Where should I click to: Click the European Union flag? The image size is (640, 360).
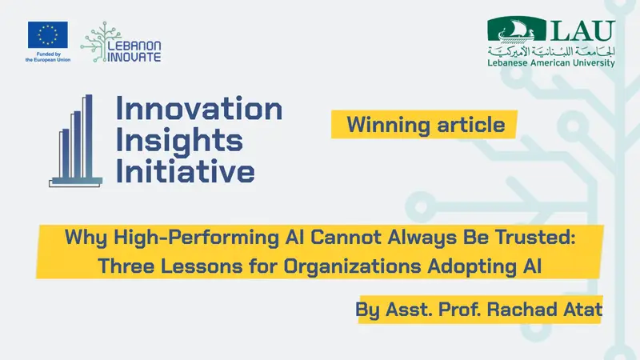pyautogui.click(x=48, y=34)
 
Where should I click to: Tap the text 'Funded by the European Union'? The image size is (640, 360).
pyautogui.click(x=48, y=57)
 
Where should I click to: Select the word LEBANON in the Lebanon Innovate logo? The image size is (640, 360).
pyautogui.click(x=134, y=46)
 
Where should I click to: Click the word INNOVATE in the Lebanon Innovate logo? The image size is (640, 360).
pyautogui.click(x=134, y=57)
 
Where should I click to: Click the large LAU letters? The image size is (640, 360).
pyautogui.click(x=582, y=30)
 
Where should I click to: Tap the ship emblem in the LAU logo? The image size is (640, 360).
pyautogui.click(x=516, y=30)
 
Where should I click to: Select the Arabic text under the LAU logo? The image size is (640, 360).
pyautogui.click(x=551, y=51)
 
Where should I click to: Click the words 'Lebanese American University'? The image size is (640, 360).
pyautogui.click(x=551, y=63)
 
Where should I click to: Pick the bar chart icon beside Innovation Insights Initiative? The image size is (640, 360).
pyautogui.click(x=75, y=142)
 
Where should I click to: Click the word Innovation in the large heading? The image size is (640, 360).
pyautogui.click(x=199, y=109)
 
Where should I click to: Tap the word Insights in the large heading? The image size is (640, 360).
pyautogui.click(x=179, y=142)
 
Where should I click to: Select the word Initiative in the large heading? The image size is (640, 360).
pyautogui.click(x=186, y=170)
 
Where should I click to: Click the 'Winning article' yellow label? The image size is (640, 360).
pyautogui.click(x=424, y=125)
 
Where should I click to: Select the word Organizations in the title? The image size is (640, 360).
pyautogui.click(x=352, y=266)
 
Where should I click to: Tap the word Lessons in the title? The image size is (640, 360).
pyautogui.click(x=202, y=266)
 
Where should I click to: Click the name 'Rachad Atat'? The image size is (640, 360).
pyautogui.click(x=545, y=310)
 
